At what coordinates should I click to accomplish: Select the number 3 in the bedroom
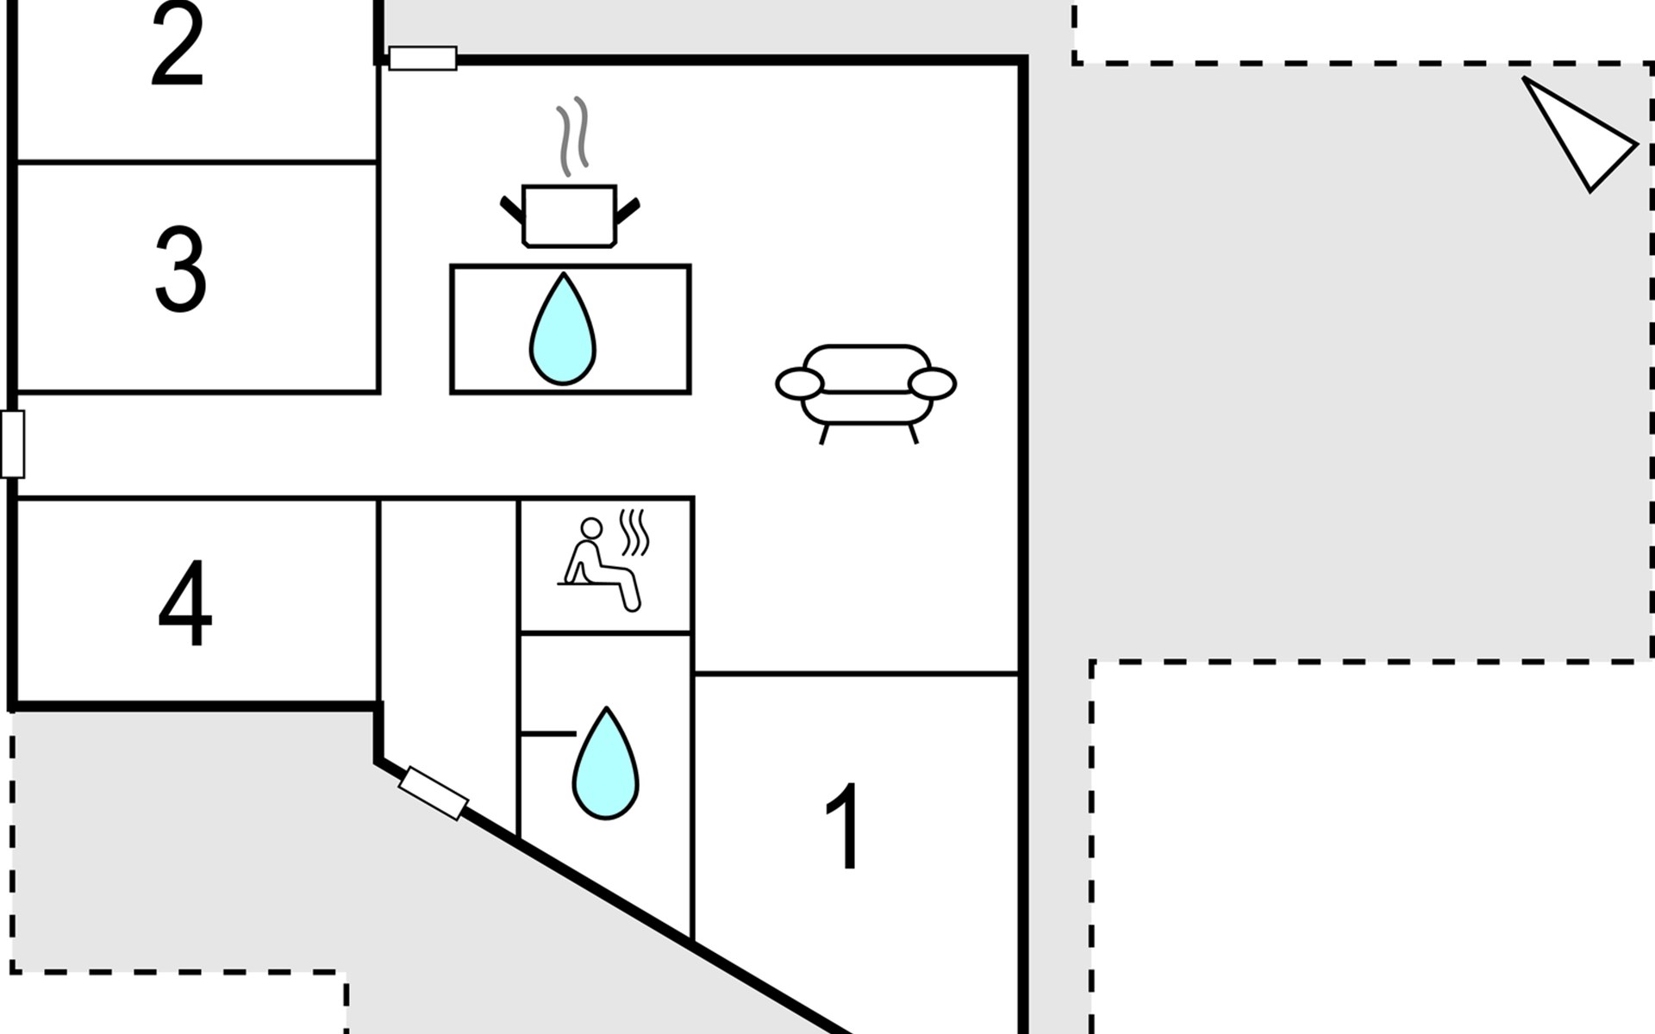(x=180, y=269)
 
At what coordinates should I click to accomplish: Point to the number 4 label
(x=184, y=603)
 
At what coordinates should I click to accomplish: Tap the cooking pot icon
(x=570, y=215)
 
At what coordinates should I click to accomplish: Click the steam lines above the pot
(x=572, y=135)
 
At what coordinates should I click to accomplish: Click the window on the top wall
(x=422, y=59)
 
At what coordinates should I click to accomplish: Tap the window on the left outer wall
(x=13, y=444)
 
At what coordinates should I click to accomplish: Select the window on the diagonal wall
(x=434, y=793)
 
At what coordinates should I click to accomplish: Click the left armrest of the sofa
(x=799, y=384)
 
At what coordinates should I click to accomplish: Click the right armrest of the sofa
(x=933, y=384)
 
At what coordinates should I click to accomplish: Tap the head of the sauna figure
(x=591, y=527)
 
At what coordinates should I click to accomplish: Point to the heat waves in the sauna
(x=634, y=532)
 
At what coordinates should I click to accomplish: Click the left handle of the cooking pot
(x=511, y=209)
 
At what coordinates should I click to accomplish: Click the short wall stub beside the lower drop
(x=548, y=734)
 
